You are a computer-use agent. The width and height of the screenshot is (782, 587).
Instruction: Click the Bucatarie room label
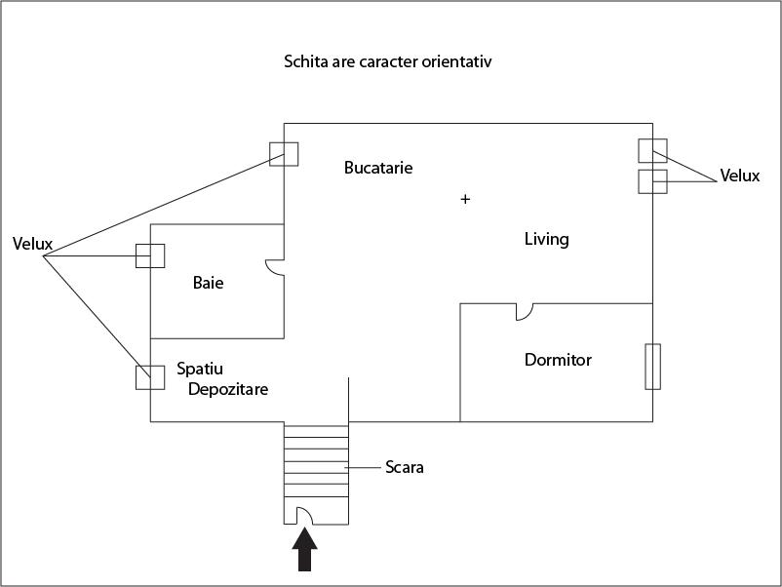[x=378, y=168]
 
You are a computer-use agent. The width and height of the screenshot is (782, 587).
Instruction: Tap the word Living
[x=546, y=239]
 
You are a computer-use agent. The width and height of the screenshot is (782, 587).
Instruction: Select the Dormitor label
[x=558, y=360]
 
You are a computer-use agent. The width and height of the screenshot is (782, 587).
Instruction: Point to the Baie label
[x=208, y=283]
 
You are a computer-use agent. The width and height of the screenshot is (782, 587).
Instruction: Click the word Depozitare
[x=228, y=389]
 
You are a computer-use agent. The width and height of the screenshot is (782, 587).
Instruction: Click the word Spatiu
[x=200, y=370]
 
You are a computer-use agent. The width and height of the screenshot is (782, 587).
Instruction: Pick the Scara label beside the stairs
[x=405, y=467]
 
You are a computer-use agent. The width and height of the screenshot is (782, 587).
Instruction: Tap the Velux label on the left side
[x=32, y=243]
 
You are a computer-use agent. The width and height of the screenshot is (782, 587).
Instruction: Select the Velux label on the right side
[x=739, y=176]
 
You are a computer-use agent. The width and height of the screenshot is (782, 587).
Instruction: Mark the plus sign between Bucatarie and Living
[x=465, y=199]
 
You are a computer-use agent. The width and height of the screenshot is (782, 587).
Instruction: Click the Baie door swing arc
[x=276, y=268]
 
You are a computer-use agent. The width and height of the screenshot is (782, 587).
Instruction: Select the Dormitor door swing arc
[x=525, y=311]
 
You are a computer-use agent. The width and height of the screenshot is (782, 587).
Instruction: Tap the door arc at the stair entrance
[x=303, y=514]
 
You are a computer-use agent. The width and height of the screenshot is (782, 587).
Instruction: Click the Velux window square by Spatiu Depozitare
[x=150, y=376]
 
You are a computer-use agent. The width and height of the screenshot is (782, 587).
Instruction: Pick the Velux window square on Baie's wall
[x=150, y=255]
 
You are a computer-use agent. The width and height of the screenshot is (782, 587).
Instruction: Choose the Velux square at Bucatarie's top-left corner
[x=284, y=153]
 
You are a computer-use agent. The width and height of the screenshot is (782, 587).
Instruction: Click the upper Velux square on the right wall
[x=652, y=150]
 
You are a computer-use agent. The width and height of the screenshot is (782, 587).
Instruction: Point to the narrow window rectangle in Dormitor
[x=653, y=366]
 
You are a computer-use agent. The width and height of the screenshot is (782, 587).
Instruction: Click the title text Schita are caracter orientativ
[x=387, y=61]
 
